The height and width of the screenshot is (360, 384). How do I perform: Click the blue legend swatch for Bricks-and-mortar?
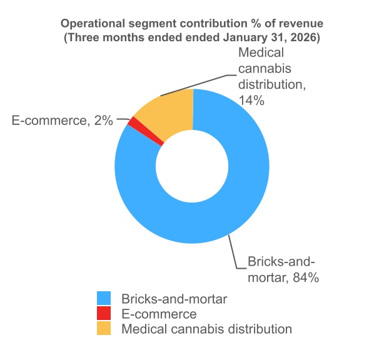coord(104,299)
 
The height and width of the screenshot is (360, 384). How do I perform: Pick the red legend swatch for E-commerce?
coord(104,314)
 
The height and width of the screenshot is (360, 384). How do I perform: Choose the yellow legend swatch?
coord(104,328)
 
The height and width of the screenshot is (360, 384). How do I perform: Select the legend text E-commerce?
coord(159,314)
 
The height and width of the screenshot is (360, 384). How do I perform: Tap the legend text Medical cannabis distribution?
coord(206,328)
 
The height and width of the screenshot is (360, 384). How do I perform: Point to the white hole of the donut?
coord(193,165)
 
